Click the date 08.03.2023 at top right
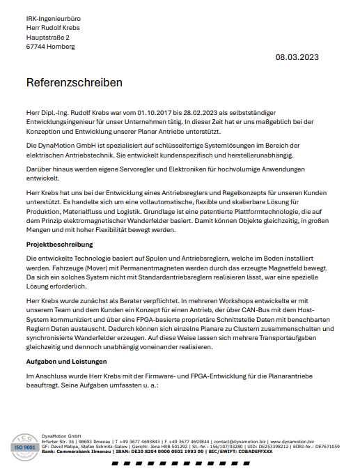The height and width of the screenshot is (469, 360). click(298, 57)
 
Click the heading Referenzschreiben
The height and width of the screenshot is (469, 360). click(75, 82)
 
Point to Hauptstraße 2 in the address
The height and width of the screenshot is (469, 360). click(48, 37)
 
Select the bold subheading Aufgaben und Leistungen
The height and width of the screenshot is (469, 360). click(66, 362)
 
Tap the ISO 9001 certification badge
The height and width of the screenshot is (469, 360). click(24, 445)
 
